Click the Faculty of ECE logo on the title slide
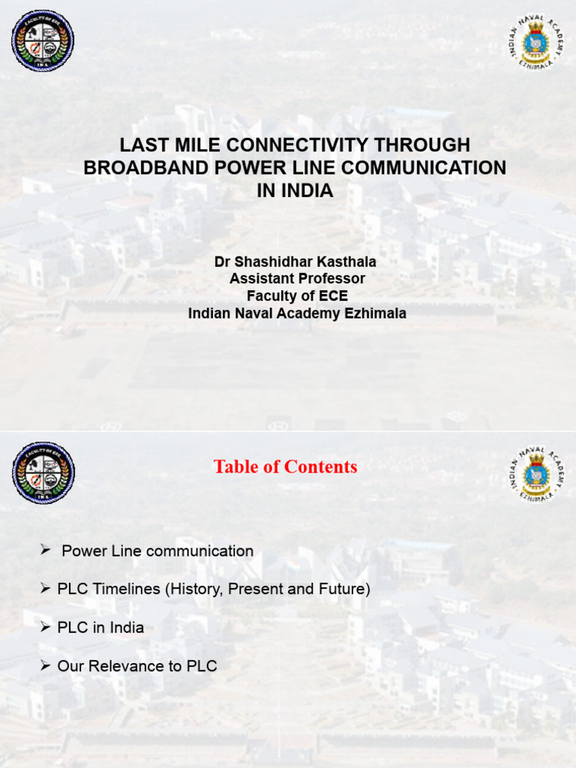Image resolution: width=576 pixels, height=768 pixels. (43, 41)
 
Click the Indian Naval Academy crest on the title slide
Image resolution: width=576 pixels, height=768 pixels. (536, 42)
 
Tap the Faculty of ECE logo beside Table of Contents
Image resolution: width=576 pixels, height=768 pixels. (43, 472)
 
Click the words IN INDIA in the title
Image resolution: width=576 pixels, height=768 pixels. (295, 190)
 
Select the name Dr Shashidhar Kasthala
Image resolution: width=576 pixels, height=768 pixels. (295, 262)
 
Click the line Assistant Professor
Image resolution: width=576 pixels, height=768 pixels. (297, 279)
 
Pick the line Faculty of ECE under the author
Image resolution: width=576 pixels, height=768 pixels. (297, 296)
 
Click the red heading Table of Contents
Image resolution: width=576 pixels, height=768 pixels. (285, 467)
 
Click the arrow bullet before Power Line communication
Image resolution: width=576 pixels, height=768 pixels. (45, 551)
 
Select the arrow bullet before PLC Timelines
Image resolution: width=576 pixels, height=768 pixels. (45, 589)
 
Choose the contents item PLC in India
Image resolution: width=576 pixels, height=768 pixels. (100, 628)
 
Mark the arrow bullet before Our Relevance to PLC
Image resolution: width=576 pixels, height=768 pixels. (45, 666)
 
